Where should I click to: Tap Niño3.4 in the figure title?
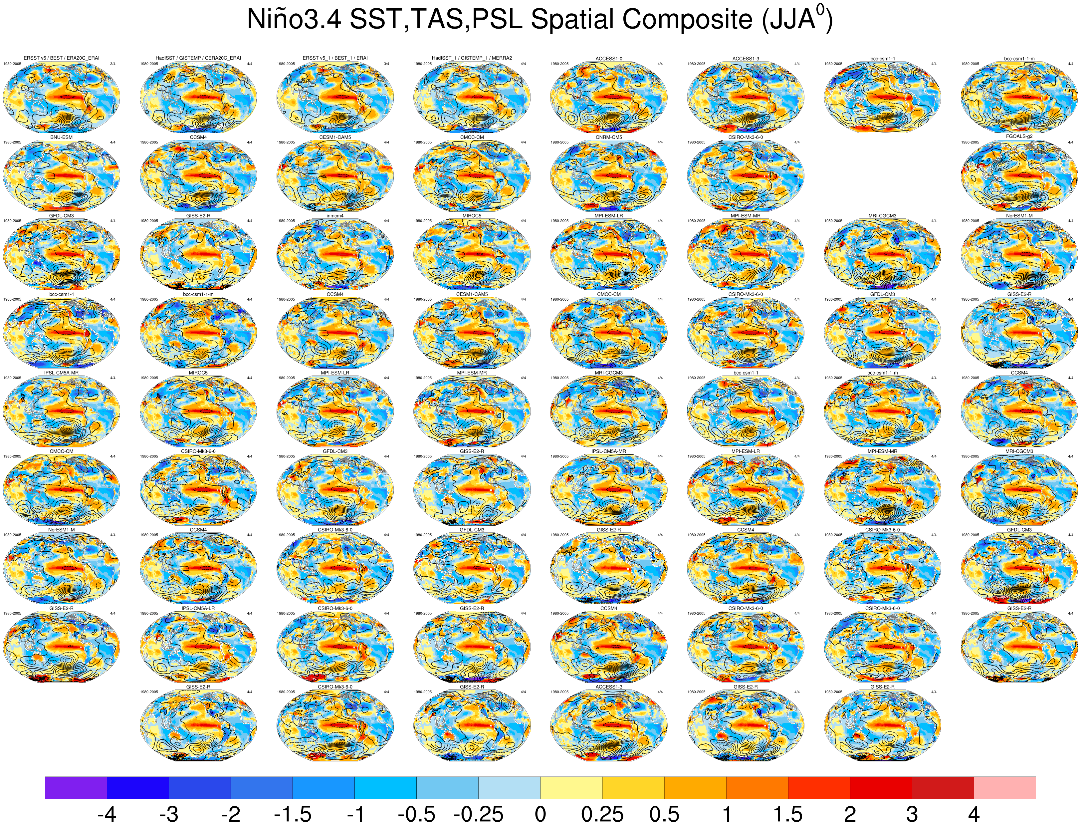pos(294,20)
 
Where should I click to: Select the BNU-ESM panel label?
pos(61,137)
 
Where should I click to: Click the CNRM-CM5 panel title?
pos(609,137)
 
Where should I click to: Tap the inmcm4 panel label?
pos(335,216)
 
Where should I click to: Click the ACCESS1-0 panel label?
pos(609,59)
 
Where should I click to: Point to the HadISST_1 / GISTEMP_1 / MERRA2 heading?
pos(472,58)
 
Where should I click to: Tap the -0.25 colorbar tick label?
pos(478,814)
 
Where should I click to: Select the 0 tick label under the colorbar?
pos(540,814)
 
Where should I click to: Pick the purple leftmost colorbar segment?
pos(76,787)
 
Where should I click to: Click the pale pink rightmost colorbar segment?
pos(1004,787)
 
